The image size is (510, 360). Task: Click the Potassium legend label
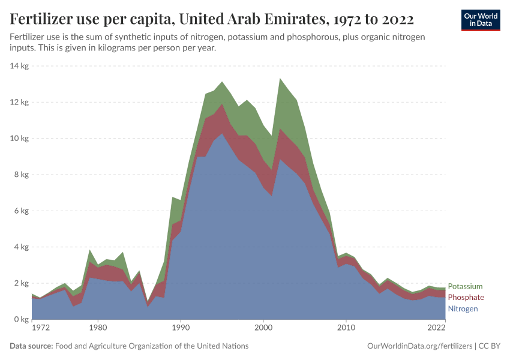click(465, 286)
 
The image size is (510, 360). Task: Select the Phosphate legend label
click(466, 298)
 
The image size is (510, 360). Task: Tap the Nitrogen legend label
click(463, 308)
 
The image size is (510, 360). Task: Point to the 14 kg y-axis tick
click(20, 66)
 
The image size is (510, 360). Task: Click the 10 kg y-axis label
click(20, 139)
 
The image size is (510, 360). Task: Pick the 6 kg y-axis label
click(22, 211)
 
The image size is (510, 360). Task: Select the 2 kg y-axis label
click(22, 283)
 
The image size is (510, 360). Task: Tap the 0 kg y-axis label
click(22, 320)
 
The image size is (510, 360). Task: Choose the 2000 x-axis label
click(263, 328)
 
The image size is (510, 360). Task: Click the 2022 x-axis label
click(436, 328)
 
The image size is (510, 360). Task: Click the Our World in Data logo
click(480, 20)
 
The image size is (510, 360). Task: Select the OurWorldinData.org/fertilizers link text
click(418, 346)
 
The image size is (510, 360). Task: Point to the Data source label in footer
click(31, 346)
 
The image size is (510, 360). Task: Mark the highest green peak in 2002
click(280, 79)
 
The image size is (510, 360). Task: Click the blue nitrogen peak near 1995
click(222, 134)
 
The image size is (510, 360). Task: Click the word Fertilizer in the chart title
click(41, 20)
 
